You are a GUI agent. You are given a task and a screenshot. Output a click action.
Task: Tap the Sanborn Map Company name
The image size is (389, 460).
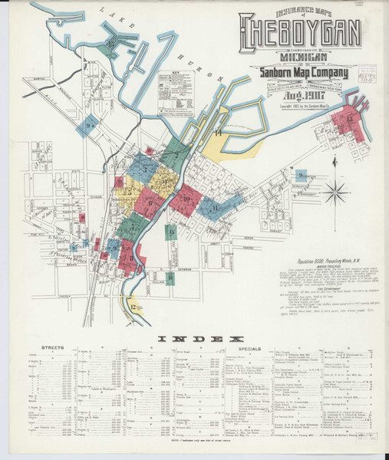pos(302,74)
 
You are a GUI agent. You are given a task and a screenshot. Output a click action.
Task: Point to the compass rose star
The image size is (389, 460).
pos(335,190)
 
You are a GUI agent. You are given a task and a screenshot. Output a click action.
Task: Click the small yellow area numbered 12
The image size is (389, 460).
pos(134,307)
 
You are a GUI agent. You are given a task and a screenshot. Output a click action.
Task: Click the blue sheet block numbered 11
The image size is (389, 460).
pos(214,208)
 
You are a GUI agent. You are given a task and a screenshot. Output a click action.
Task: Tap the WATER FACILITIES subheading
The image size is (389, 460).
pos(310,265)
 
